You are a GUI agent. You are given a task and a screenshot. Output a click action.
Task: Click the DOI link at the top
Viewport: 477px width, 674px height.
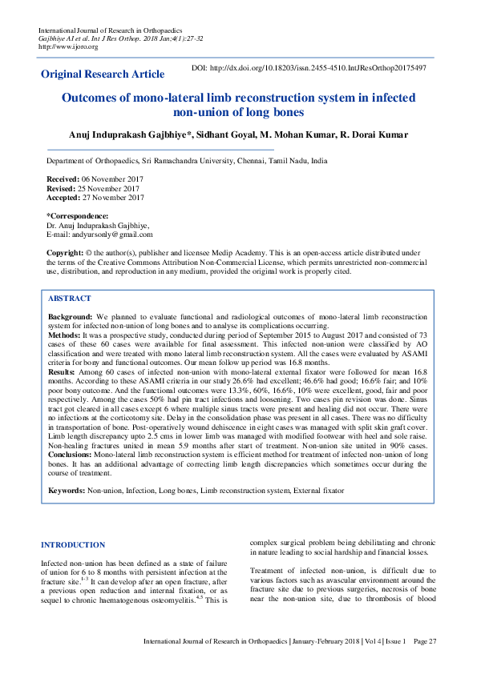pyautogui.click(x=309, y=68)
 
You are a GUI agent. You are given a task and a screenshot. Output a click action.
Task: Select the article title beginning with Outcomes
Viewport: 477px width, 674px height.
pyautogui.click(x=238, y=104)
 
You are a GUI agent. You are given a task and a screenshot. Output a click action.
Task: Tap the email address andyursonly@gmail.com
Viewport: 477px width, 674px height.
pyautogui.click(x=111, y=234)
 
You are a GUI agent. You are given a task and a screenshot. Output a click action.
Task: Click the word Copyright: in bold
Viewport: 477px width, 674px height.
pyautogui.click(x=65, y=251)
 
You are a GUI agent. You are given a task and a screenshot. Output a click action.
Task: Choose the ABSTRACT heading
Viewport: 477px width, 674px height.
pyautogui.click(x=69, y=298)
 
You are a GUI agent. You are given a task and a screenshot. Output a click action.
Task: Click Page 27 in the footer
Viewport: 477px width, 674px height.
pyautogui.click(x=426, y=641)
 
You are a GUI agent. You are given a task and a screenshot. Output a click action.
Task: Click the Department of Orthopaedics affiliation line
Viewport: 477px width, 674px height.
pyautogui.click(x=187, y=161)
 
